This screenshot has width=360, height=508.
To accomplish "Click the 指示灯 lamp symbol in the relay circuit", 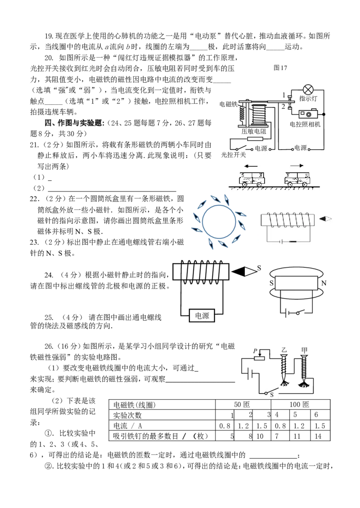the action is pos(308,90).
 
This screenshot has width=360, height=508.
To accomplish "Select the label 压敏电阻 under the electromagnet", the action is pos(254,131).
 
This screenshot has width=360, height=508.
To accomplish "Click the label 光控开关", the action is pos(234,155).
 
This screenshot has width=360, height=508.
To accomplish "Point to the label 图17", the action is pos(280,68).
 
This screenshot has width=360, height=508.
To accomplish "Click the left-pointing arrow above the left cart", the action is pos(251,166).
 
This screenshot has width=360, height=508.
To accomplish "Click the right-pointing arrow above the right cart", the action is pos(297,165).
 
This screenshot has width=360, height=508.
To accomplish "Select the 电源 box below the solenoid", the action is pos(202,316).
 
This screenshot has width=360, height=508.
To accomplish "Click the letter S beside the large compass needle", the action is pos(259,268).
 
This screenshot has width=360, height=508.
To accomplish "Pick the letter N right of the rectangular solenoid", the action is pos(324,283).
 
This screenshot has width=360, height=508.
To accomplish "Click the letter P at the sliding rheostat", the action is pos(255,351).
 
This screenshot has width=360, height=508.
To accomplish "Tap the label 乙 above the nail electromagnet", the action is pos(284,350).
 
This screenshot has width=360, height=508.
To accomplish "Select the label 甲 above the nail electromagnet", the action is pos(304,350).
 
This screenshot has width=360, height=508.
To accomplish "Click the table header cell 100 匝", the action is pos(300,404).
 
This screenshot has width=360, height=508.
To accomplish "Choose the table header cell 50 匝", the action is pos(242,404).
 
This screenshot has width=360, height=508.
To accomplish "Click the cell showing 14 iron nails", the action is pos(318,436).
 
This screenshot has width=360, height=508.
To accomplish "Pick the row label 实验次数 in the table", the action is pos(127,415).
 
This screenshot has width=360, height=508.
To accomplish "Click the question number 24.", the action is pos(49,275).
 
